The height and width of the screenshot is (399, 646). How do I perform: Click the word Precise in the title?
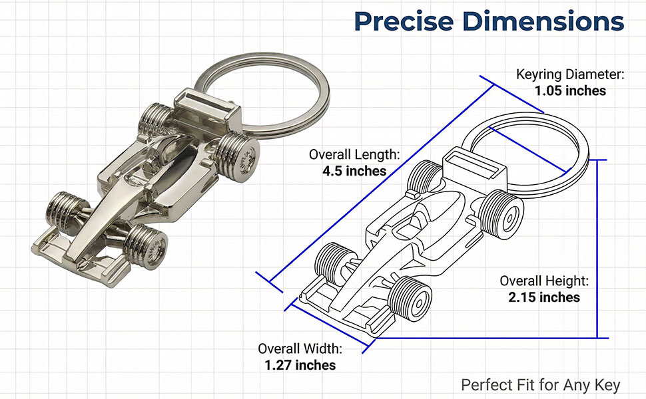pos(404,21)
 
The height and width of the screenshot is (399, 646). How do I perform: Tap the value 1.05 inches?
pos(570,90)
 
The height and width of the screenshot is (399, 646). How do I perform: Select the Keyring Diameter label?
pos(570,74)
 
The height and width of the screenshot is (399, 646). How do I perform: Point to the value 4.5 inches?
pos(354,171)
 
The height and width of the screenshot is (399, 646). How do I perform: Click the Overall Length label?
pos(354,155)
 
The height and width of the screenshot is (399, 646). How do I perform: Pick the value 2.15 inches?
pos(544,297)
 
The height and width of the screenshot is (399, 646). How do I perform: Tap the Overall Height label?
pos(544,281)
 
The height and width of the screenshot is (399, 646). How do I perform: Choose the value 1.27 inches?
pos(300,365)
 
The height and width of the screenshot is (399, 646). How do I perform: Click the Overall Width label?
pos(300,349)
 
